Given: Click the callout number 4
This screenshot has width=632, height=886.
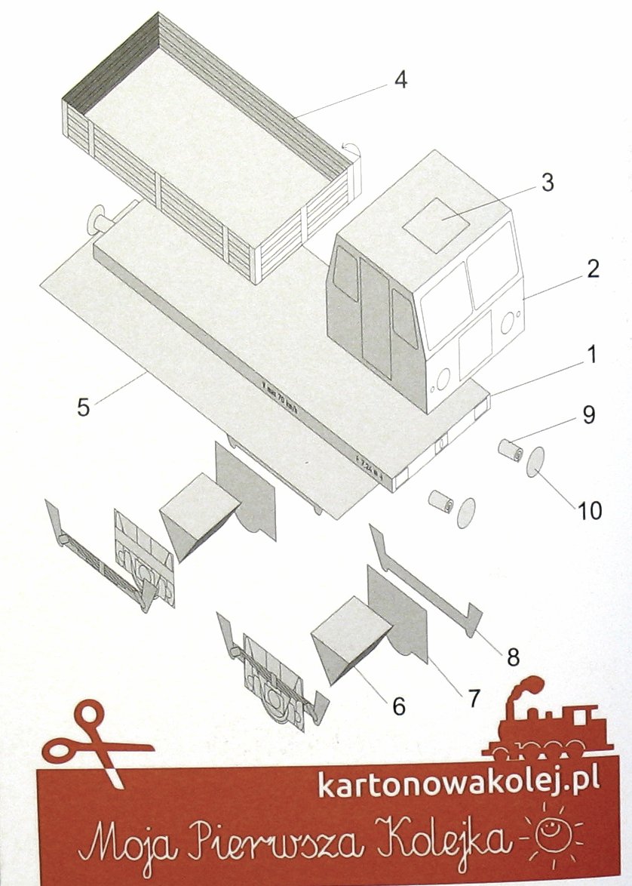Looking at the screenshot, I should [401, 79].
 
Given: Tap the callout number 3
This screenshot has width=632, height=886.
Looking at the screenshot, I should [548, 182].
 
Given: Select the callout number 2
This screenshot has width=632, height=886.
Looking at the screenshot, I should [593, 269].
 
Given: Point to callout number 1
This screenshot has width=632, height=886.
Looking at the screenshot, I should [593, 354].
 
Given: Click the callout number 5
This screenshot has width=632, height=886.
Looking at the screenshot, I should [84, 405].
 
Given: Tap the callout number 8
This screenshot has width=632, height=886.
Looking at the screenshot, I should [513, 657].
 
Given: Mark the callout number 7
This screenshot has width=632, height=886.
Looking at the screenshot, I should [474, 698].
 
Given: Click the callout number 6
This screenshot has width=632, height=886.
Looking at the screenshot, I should [398, 706].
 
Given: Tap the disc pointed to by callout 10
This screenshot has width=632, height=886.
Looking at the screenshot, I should [535, 461].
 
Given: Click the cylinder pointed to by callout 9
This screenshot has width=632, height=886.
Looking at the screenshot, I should [511, 451].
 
